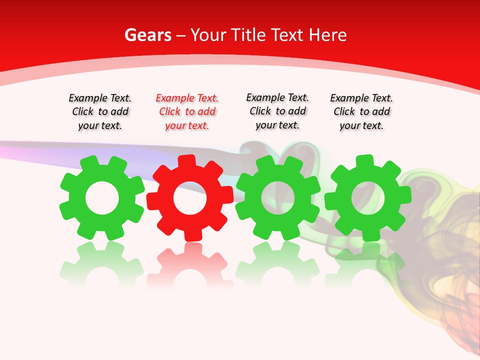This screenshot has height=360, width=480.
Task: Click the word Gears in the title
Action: point(147,35)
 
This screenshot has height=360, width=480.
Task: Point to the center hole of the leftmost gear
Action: point(102,198)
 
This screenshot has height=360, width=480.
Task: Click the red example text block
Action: point(187,112)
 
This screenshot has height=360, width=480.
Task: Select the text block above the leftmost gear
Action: point(100,112)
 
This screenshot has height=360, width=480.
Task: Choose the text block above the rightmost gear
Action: point(361,112)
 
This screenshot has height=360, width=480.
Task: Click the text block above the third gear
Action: point(277,111)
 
